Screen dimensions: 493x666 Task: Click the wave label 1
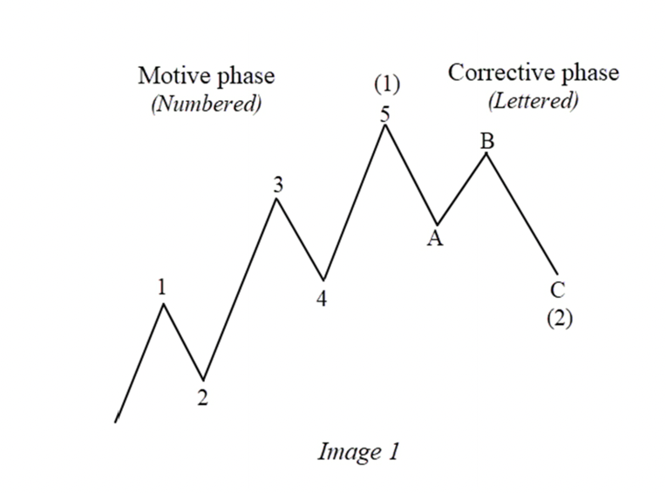pos(162,287)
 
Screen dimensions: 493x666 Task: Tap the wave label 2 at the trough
pos(202,398)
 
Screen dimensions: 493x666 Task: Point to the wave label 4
pos(322,298)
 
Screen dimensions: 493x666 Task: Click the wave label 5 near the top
pos(384,112)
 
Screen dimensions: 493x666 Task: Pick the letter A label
pos(434,240)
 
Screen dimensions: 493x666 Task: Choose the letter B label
pos(487,140)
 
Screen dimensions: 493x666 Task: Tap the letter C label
pos(557,290)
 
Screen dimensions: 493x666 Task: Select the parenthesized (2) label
pos(559,318)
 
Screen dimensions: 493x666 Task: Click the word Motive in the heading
pos(171,76)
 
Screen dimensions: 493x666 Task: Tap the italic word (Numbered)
pos(206,104)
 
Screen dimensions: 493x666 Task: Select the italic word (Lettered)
pos(533,100)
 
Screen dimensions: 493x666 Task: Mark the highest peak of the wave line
pos(384,125)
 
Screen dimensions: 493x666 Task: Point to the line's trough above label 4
pos(323,280)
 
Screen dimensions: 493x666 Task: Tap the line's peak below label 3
pos(276,199)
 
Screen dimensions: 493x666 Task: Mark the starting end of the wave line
pos(116,422)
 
